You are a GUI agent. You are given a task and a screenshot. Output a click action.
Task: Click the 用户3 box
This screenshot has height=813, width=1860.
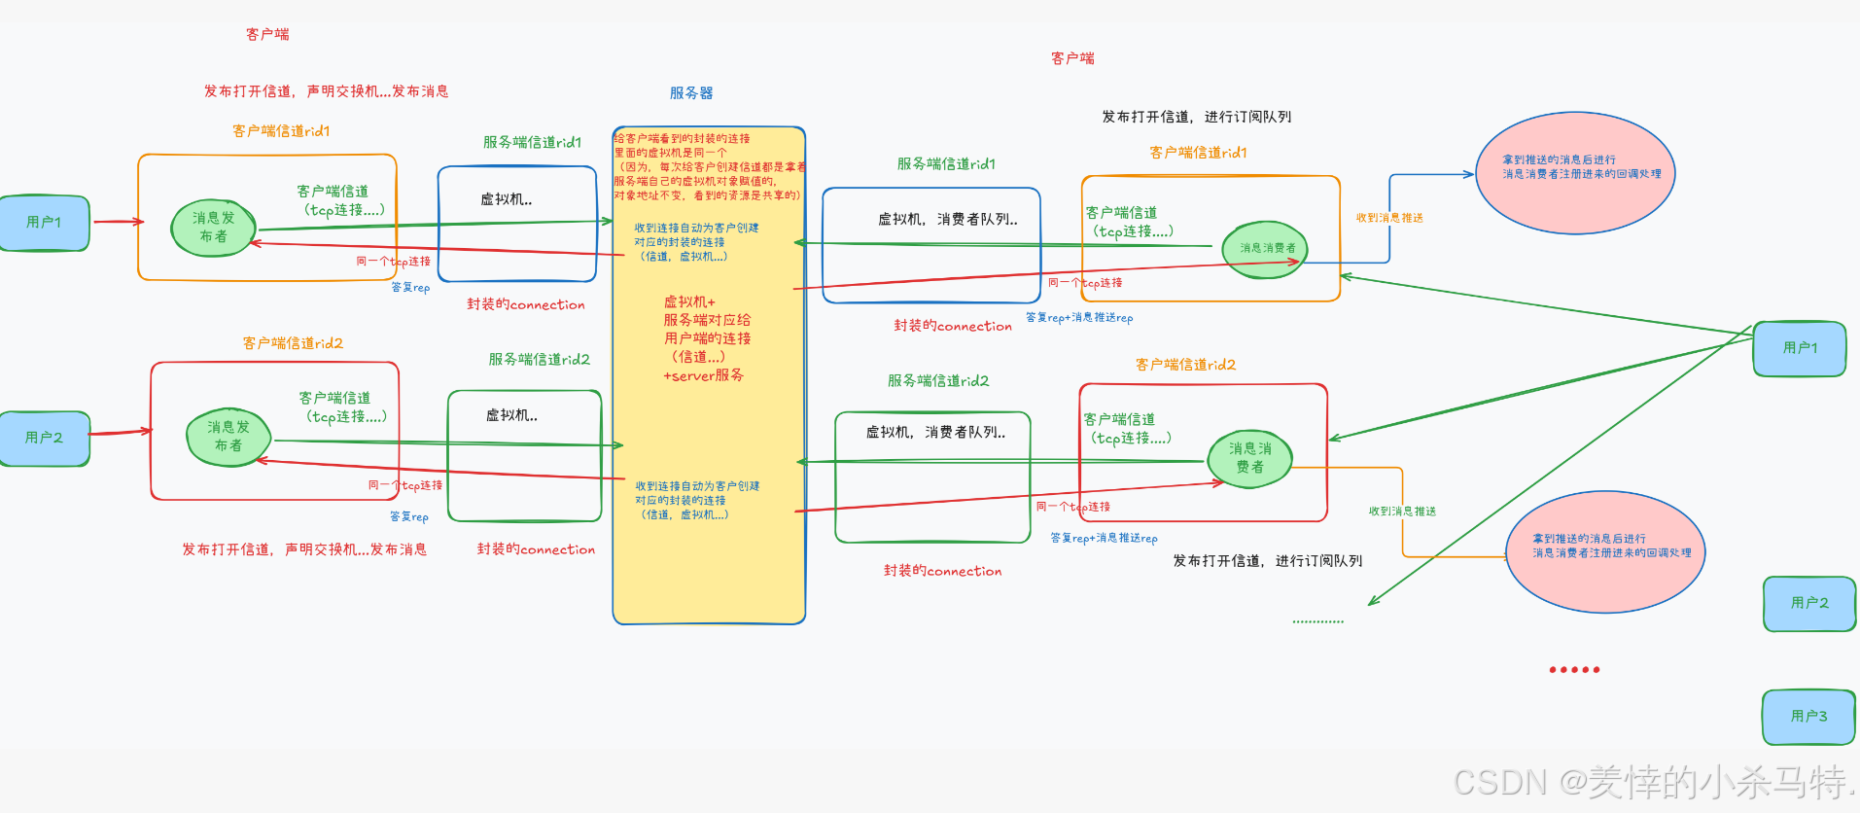pyautogui.click(x=1808, y=717)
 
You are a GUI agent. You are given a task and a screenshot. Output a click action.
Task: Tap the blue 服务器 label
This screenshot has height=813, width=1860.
pyautogui.click(x=691, y=93)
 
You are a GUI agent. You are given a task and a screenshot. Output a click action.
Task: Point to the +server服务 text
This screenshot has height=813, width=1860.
pyautogui.click(x=703, y=375)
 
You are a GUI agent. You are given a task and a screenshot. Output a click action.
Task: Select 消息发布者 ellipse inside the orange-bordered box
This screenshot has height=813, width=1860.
pyautogui.click(x=213, y=228)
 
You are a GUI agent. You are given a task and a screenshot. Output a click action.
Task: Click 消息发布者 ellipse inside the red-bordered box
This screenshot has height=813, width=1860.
pyautogui.click(x=228, y=437)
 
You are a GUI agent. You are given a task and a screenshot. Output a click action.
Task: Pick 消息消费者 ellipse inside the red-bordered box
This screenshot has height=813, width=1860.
pyautogui.click(x=1249, y=458)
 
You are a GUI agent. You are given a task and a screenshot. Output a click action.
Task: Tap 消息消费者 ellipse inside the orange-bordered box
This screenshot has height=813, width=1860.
pyautogui.click(x=1266, y=249)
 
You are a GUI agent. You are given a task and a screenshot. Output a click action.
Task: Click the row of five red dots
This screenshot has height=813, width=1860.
pyautogui.click(x=1574, y=669)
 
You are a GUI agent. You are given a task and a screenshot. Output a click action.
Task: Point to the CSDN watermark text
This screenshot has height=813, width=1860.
pyautogui.click(x=1653, y=782)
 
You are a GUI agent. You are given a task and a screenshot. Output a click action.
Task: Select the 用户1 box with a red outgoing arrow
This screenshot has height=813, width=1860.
pyautogui.click(x=44, y=223)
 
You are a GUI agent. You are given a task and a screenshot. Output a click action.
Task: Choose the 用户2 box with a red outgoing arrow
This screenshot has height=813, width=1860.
pyautogui.click(x=44, y=438)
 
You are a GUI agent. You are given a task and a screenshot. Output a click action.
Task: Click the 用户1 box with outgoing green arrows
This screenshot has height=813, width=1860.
pyautogui.click(x=1800, y=348)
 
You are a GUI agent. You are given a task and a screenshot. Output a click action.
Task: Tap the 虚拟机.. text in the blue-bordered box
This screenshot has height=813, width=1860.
pyautogui.click(x=507, y=199)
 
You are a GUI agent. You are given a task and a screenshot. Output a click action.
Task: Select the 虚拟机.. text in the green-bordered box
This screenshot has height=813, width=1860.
pyautogui.click(x=512, y=415)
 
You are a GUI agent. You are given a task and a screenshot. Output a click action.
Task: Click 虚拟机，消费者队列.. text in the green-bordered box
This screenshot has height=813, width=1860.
pyautogui.click(x=935, y=433)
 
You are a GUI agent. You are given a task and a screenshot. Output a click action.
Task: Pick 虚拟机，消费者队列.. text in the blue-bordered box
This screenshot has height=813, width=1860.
pyautogui.click(x=947, y=220)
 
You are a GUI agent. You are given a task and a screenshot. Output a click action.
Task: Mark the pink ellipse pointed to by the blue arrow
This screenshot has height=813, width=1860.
pyautogui.click(x=1575, y=173)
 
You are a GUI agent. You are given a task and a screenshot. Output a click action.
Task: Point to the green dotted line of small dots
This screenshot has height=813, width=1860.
pyautogui.click(x=1317, y=621)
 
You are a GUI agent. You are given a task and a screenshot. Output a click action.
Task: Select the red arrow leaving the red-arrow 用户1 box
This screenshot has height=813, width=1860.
pyautogui.click(x=118, y=222)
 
